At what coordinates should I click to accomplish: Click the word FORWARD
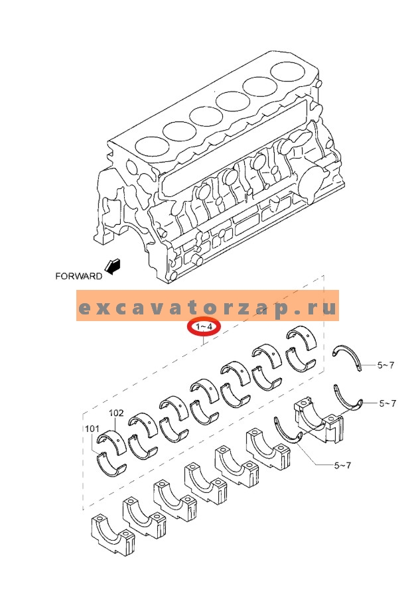tap(79, 275)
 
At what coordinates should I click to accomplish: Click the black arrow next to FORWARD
tap(114, 267)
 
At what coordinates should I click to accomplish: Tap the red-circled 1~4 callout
tap(202, 327)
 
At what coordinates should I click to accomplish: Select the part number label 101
tap(92, 429)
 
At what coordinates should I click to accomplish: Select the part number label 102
tap(116, 413)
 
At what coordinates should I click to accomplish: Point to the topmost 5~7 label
tap(385, 365)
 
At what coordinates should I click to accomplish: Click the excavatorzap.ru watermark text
tap(207, 308)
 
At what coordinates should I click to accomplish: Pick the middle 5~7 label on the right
tap(387, 403)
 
